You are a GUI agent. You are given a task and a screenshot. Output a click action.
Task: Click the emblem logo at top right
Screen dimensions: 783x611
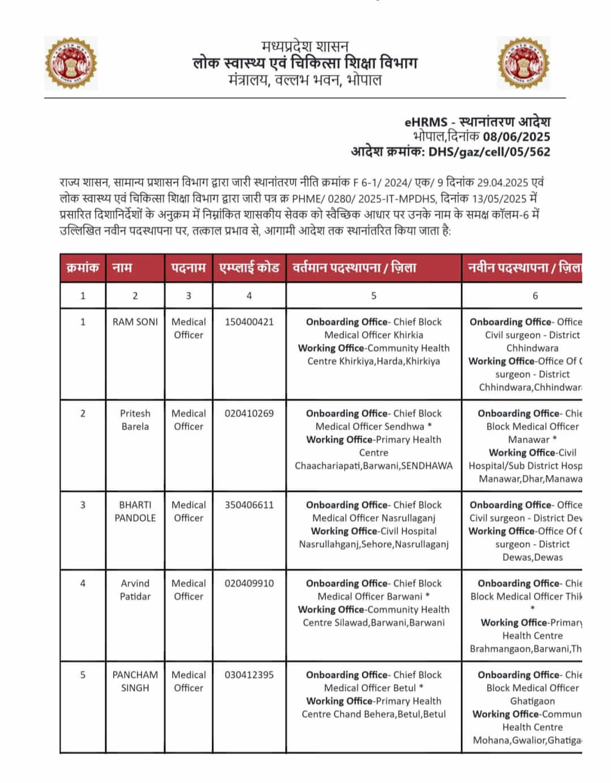(523, 63)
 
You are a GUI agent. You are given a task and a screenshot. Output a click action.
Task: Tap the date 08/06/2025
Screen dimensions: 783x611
(516, 136)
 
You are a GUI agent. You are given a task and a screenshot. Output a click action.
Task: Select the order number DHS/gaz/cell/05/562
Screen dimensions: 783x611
(489, 152)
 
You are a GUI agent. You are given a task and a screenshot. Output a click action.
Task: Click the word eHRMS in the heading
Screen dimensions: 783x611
(425, 122)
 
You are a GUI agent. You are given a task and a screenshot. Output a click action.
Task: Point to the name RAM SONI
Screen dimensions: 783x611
(135, 322)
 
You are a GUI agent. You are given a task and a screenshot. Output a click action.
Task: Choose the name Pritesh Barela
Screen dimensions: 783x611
(135, 419)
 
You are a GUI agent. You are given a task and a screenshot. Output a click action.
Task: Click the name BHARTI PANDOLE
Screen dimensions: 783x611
(135, 511)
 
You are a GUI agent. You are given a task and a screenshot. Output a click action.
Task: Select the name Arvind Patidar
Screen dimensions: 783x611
(135, 590)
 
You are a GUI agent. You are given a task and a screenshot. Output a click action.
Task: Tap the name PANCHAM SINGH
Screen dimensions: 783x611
(135, 681)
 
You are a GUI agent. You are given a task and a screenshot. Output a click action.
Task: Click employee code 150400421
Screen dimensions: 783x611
(249, 322)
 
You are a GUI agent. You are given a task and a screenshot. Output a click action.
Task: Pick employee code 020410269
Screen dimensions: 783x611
(249, 413)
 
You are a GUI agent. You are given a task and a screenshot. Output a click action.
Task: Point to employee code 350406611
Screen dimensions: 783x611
(249, 505)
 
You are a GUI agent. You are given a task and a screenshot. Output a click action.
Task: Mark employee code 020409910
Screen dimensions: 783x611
(249, 583)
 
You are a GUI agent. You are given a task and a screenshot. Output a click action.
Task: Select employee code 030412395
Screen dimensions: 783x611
(249, 675)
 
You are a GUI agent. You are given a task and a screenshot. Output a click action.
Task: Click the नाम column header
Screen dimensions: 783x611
(122, 267)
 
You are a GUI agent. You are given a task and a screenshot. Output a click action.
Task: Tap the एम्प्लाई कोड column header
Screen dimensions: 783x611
(249, 267)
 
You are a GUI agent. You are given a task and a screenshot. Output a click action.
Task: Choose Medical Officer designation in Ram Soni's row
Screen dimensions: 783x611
(188, 328)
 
